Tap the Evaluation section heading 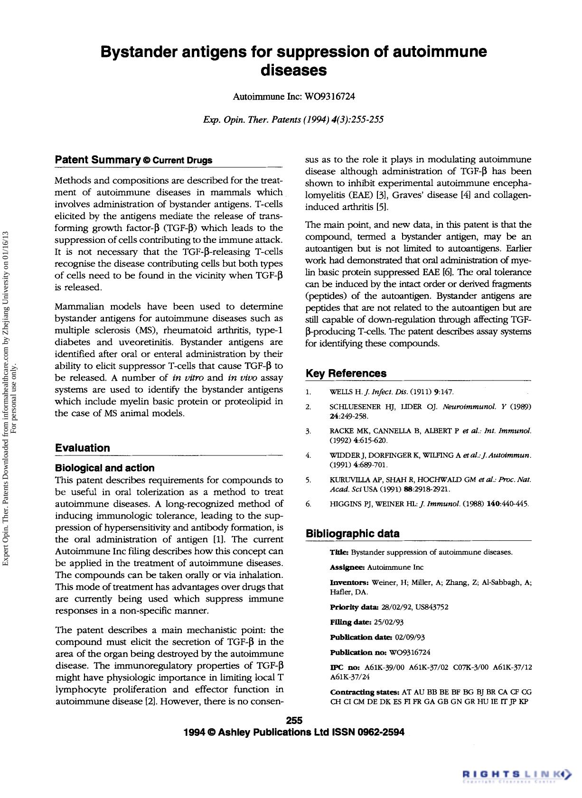(82, 448)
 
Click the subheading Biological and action (104, 468)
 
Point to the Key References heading (346, 373)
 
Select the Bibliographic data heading (352, 533)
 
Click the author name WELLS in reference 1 (340, 392)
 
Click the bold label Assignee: (347, 567)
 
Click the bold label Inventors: (349, 583)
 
